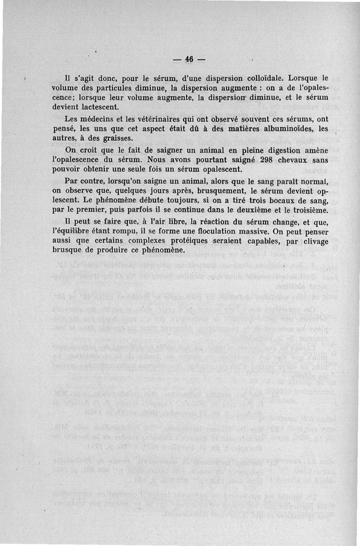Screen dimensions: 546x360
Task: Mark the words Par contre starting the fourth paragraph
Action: tap(82, 181)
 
